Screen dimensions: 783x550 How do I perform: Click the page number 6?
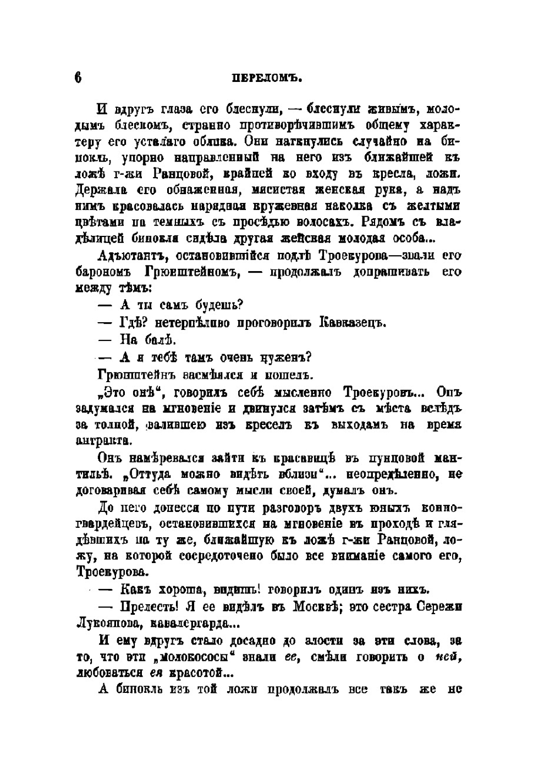(x=78, y=78)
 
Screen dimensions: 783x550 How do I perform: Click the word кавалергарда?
(x=185, y=624)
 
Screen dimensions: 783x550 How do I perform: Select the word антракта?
(x=103, y=441)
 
